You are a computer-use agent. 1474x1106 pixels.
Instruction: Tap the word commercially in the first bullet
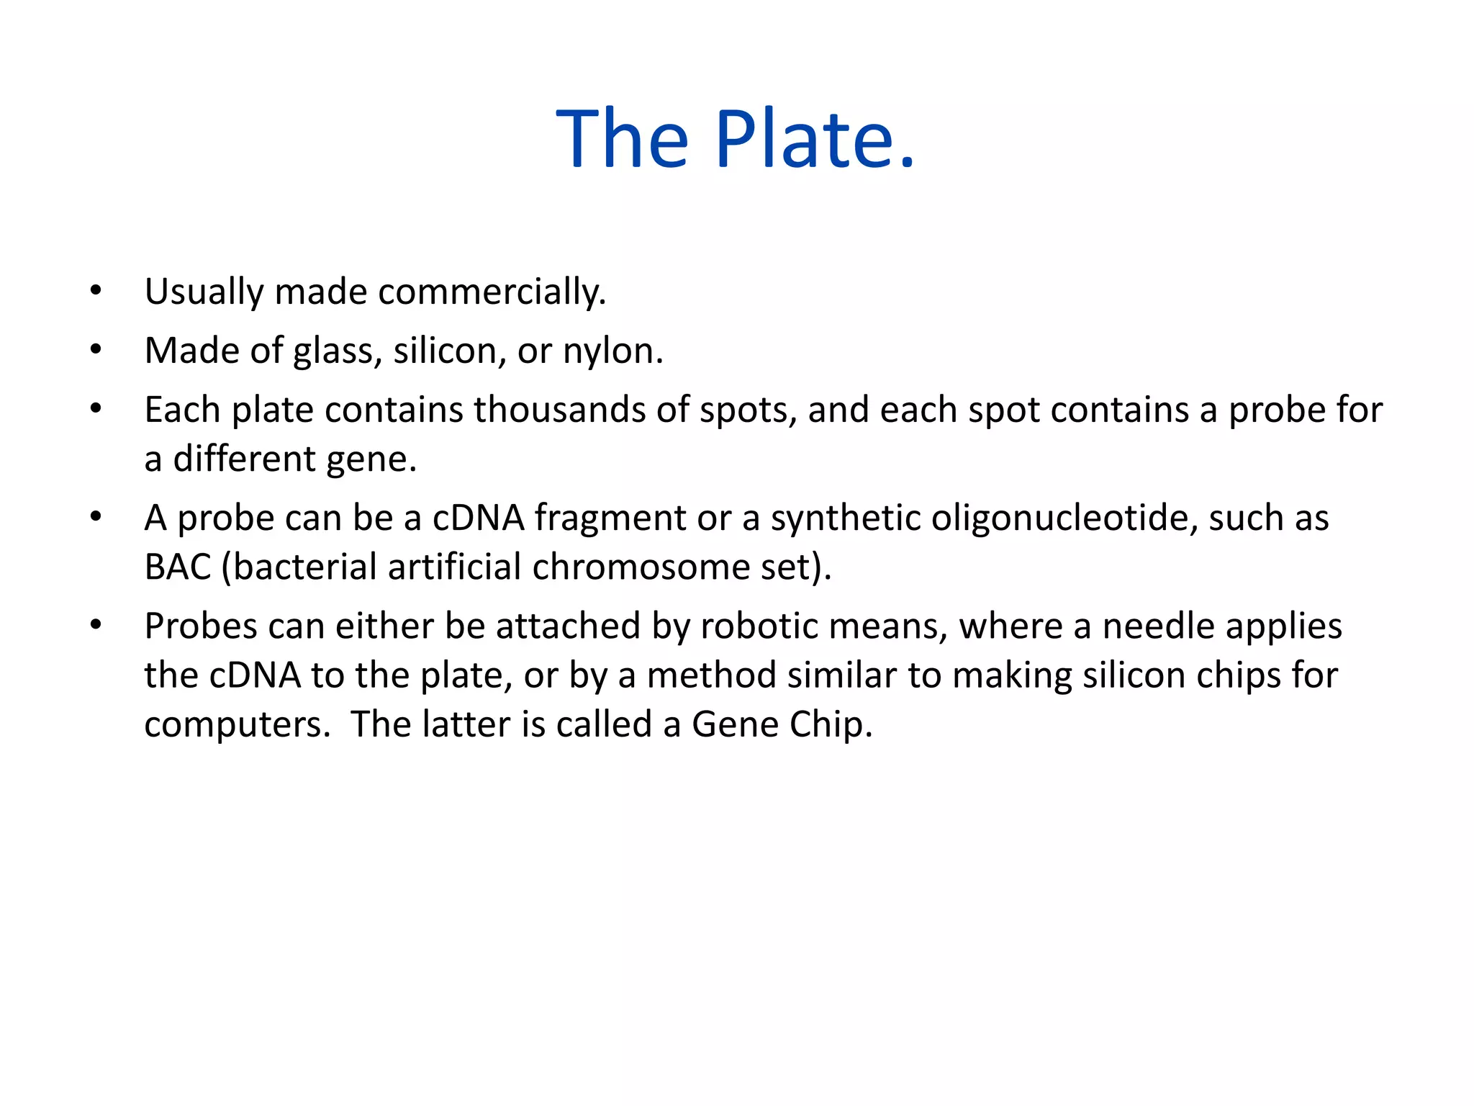pyautogui.click(x=492, y=292)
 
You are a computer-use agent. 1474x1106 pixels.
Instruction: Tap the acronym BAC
pyautogui.click(x=177, y=567)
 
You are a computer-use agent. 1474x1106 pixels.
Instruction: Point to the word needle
pyautogui.click(x=1158, y=626)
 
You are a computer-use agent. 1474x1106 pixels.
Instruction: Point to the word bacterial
pyautogui.click(x=305, y=567)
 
